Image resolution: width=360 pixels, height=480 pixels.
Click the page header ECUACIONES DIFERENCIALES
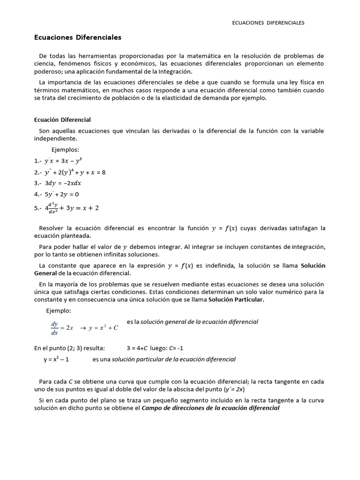(268, 22)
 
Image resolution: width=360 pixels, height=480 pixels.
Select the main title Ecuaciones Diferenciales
(78, 37)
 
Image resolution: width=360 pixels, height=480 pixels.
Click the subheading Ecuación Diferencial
(62, 120)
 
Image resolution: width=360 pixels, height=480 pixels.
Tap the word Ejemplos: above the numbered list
(65, 150)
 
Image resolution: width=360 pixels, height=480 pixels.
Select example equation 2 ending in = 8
(75, 172)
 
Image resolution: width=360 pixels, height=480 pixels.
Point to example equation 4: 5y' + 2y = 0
(62, 194)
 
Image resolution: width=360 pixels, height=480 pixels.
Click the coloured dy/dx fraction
(54, 328)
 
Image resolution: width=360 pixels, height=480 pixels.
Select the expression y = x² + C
(104, 328)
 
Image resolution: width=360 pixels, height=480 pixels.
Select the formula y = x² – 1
(56, 360)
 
